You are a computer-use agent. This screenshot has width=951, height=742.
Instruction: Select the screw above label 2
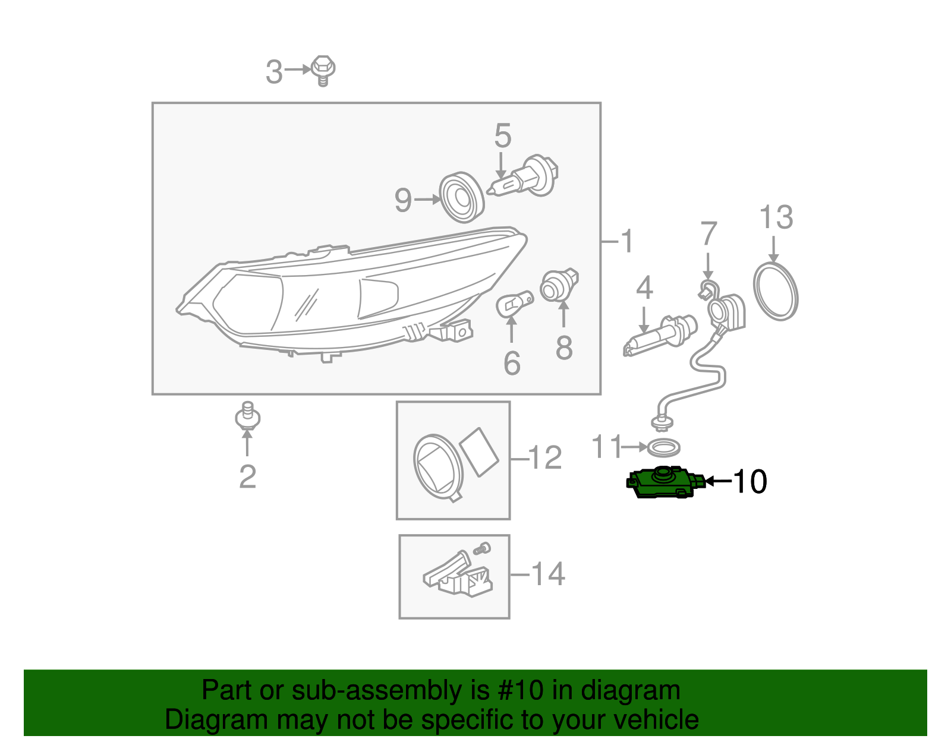[x=247, y=416]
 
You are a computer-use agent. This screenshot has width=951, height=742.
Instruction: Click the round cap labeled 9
[x=461, y=198]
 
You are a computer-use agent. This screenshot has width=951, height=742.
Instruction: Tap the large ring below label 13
[x=775, y=292]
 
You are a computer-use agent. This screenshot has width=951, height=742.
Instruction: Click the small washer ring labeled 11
[x=663, y=447]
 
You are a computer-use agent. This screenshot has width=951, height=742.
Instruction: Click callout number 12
[x=544, y=458]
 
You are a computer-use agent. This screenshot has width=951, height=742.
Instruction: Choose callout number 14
[x=547, y=574]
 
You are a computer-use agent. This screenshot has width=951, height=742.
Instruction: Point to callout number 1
[x=626, y=241]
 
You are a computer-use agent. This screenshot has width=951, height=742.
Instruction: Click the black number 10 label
[x=750, y=481]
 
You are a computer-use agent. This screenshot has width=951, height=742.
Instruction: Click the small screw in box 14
[x=482, y=548]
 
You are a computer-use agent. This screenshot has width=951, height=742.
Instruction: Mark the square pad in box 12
[x=479, y=451]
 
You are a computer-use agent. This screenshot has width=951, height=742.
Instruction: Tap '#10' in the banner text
[x=517, y=690]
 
